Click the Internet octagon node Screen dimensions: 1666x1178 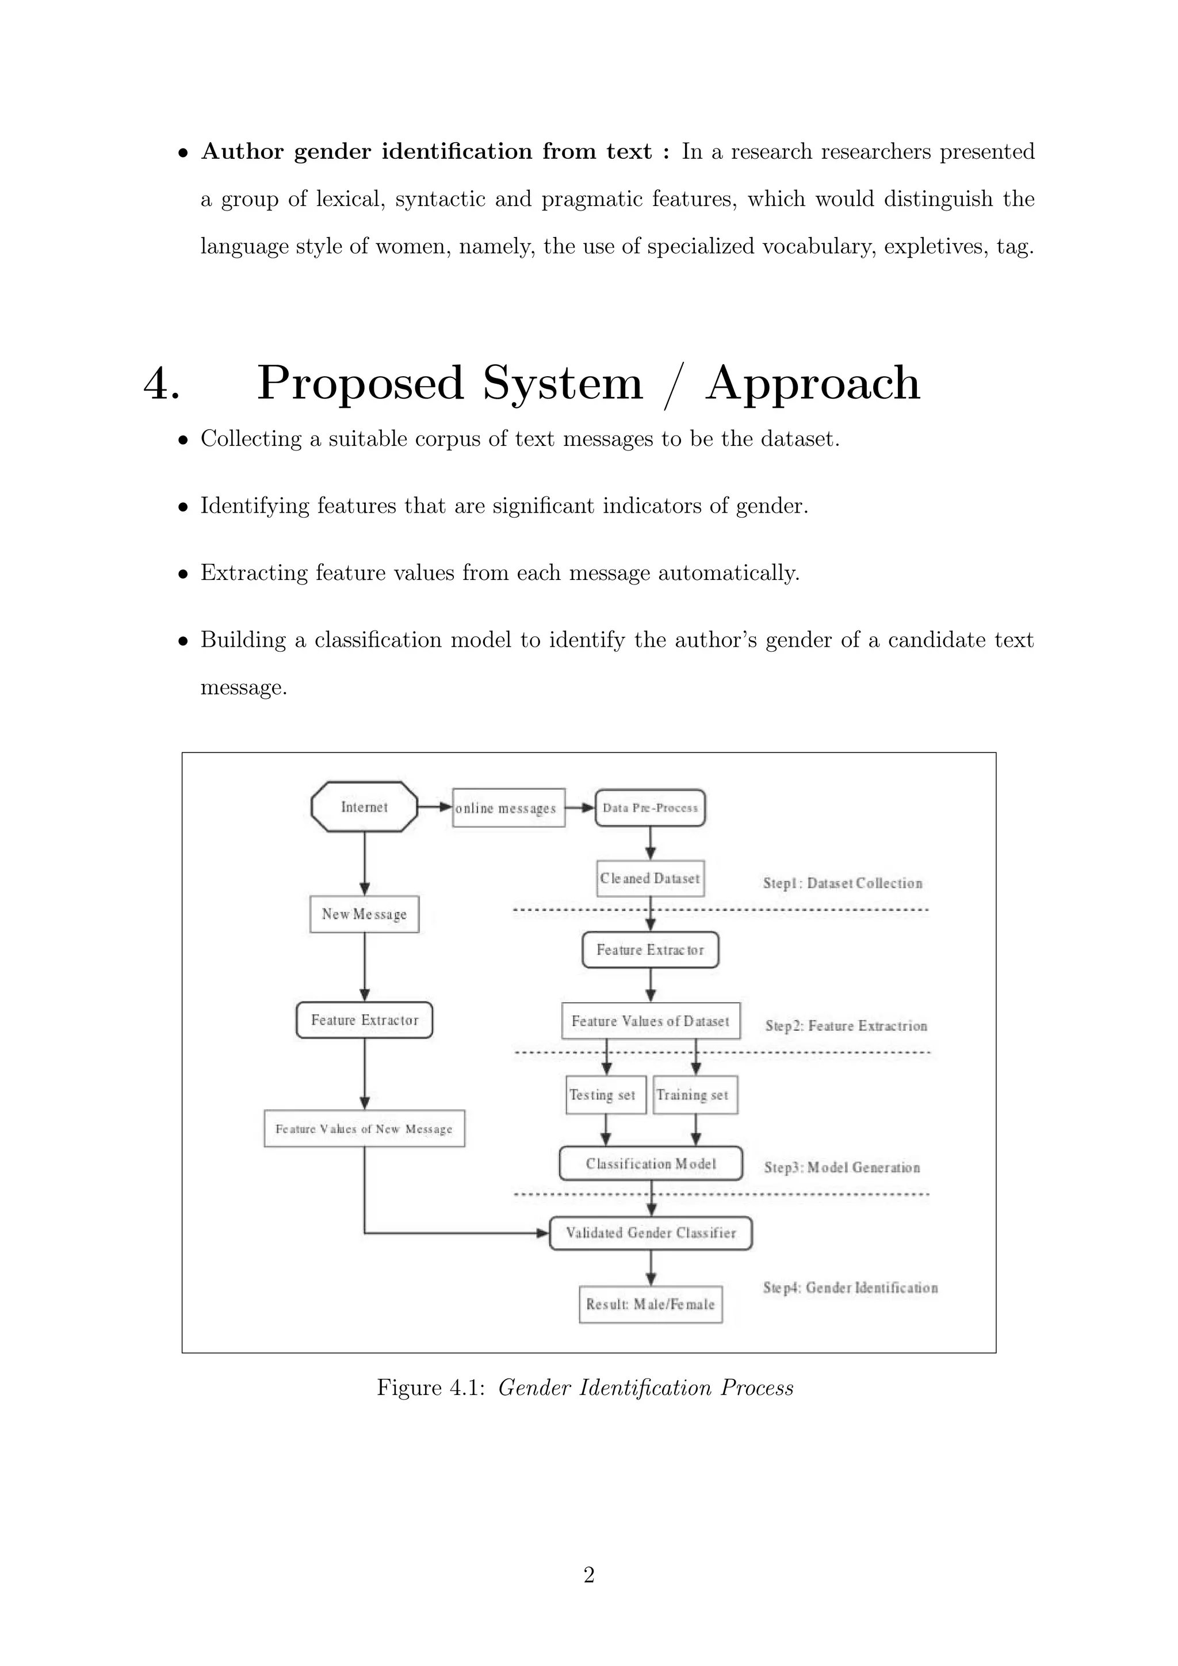click(364, 807)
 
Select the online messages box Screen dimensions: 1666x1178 click(508, 808)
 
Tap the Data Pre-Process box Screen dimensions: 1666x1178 click(650, 808)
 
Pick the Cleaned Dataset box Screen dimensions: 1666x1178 click(650, 878)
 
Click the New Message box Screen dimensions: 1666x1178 click(364, 914)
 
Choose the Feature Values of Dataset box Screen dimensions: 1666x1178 click(651, 1021)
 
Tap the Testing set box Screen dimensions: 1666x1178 click(606, 1095)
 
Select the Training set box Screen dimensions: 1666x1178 click(695, 1095)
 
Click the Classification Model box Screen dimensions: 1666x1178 click(651, 1164)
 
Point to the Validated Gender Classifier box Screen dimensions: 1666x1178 click(651, 1233)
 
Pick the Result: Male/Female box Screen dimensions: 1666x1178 click(651, 1304)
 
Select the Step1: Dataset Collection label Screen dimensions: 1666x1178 click(842, 883)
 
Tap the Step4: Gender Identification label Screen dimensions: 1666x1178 click(850, 1288)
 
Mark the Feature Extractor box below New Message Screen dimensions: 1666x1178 click(364, 1020)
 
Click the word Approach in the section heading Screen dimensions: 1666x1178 click(812, 383)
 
